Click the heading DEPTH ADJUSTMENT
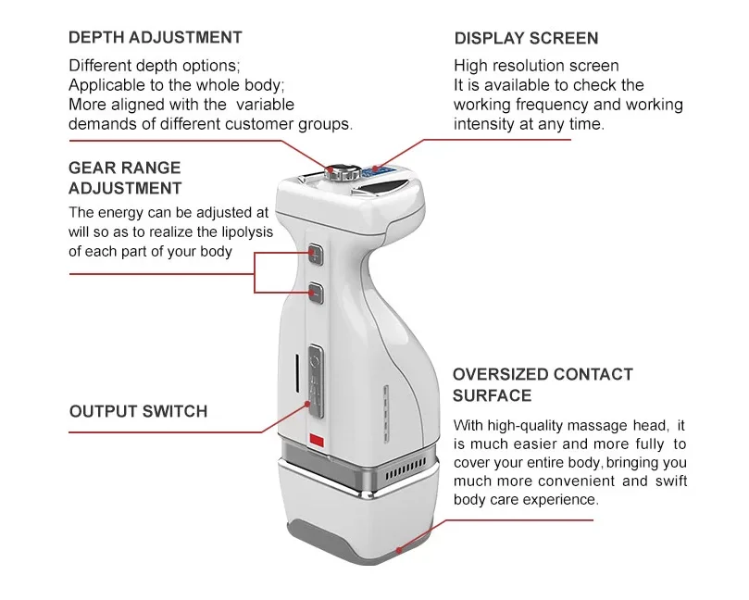point(156,38)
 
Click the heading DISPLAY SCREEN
point(526,39)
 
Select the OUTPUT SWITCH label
point(138,411)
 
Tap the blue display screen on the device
point(376,170)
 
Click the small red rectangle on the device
point(316,440)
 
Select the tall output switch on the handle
point(315,375)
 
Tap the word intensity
point(485,124)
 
